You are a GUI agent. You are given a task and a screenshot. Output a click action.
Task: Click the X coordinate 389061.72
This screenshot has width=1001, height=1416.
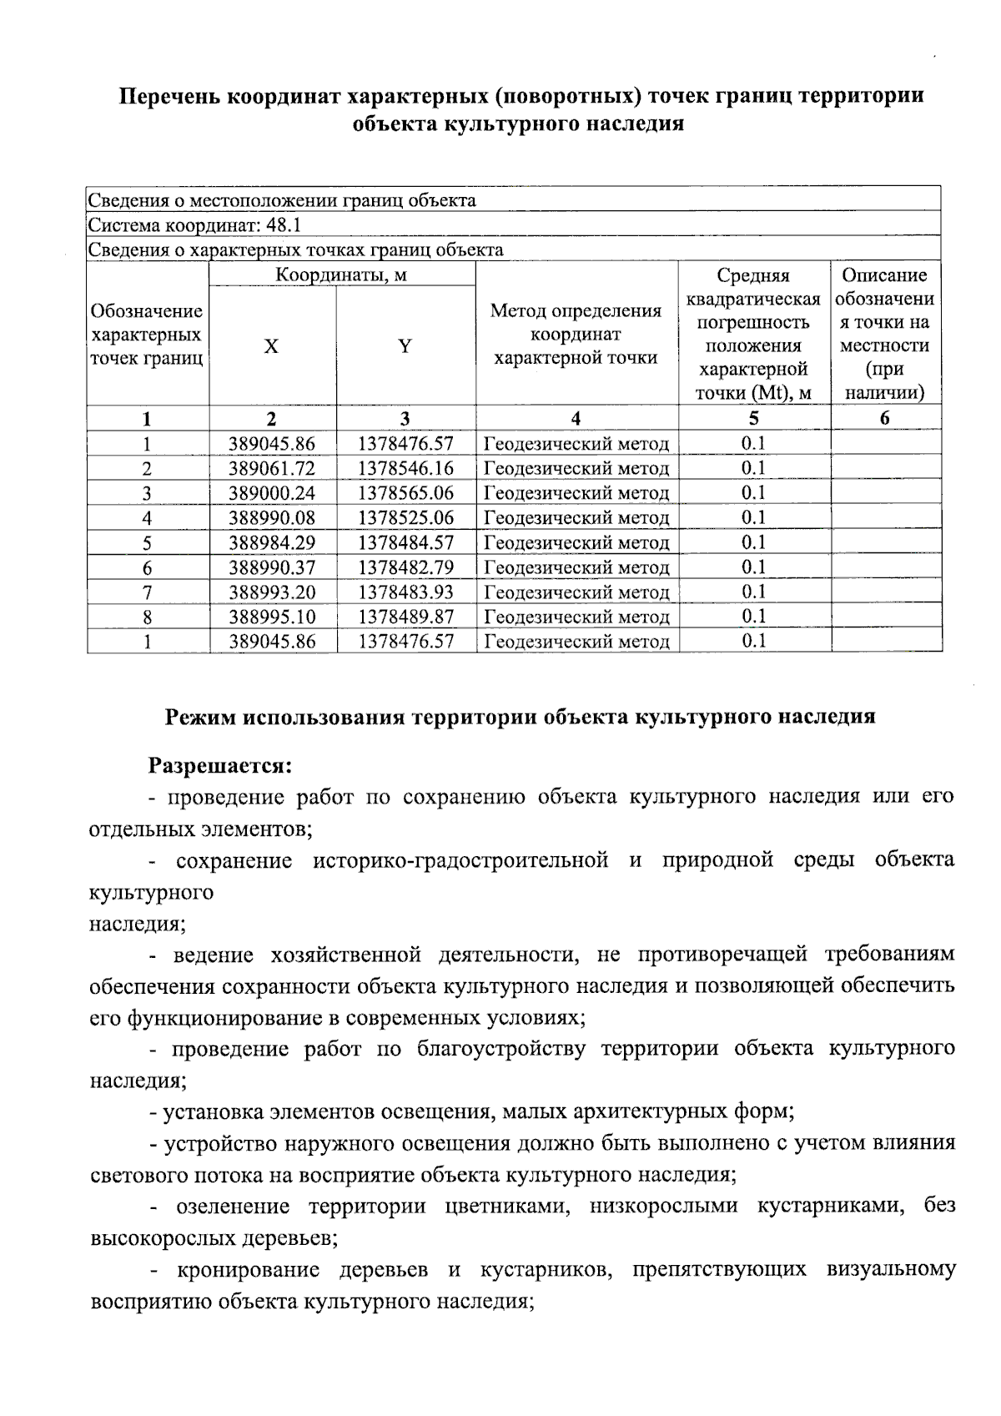pyautogui.click(x=272, y=468)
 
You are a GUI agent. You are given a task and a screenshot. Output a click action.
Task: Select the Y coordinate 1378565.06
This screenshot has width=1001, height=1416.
pyautogui.click(x=405, y=493)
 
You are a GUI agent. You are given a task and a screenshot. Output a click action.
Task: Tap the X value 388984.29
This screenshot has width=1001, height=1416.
pyautogui.click(x=272, y=543)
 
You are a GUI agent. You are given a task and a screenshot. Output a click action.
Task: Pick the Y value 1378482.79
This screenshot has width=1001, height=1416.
pyautogui.click(x=405, y=568)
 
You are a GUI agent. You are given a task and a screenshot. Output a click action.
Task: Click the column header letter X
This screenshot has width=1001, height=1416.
pyautogui.click(x=272, y=347)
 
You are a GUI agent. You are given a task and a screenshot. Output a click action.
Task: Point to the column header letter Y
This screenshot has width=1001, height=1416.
pyautogui.click(x=405, y=347)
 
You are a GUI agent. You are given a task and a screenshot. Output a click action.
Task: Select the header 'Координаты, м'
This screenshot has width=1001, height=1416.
pyautogui.click(x=341, y=275)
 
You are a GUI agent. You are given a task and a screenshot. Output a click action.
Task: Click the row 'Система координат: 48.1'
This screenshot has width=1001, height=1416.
pyautogui.click(x=195, y=225)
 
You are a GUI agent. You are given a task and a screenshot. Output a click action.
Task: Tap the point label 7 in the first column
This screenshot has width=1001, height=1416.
pyautogui.click(x=147, y=593)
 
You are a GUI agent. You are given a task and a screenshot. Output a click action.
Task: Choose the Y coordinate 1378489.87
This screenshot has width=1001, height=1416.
pyautogui.click(x=405, y=617)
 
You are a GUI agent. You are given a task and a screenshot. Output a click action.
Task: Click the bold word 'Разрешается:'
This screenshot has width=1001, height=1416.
pyautogui.click(x=219, y=765)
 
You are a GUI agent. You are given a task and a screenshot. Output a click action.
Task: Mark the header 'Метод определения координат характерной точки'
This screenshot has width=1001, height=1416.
pyautogui.click(x=576, y=335)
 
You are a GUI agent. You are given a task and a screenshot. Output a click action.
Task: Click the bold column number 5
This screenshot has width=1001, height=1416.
pyautogui.click(x=754, y=419)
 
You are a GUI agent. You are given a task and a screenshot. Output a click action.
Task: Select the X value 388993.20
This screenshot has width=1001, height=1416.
pyautogui.click(x=272, y=593)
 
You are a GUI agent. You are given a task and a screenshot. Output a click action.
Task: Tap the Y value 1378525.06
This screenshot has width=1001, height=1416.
pyautogui.click(x=405, y=518)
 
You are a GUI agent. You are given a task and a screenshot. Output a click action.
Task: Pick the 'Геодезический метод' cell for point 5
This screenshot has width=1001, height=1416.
pyautogui.click(x=576, y=543)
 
